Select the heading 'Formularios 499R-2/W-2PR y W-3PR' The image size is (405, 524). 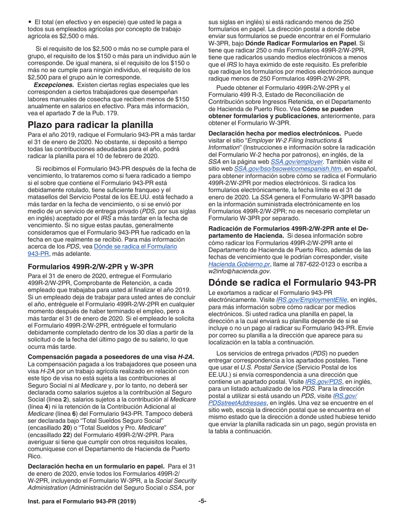[90, 267]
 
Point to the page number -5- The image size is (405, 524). [202, 501]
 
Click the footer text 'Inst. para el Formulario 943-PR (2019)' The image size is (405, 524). [82, 501]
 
